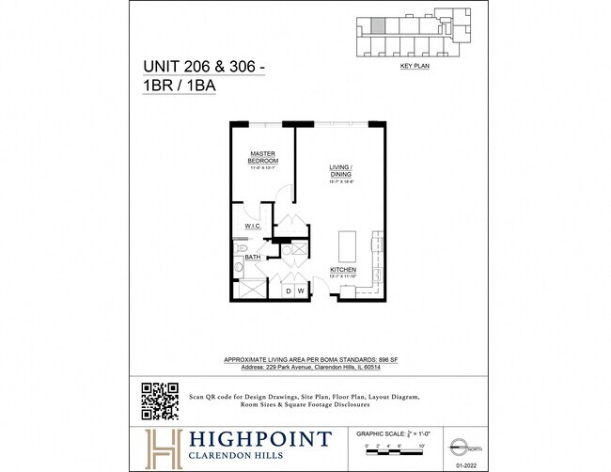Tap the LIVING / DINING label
click(x=339, y=170)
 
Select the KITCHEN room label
click(x=342, y=270)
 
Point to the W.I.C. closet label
click(x=253, y=227)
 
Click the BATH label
click(x=253, y=257)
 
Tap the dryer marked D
click(x=290, y=291)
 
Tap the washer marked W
click(x=302, y=291)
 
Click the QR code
click(x=160, y=401)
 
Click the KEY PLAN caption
click(x=414, y=68)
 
